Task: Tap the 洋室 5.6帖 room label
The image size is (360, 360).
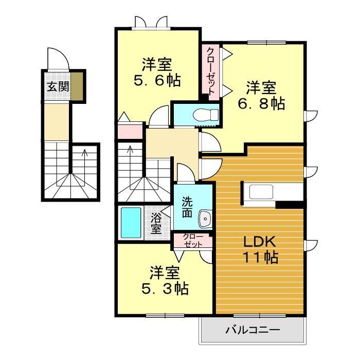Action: click(157, 73)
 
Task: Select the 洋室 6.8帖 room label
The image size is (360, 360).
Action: click(261, 95)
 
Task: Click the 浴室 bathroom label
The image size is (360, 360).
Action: click(156, 223)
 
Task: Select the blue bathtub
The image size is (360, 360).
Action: click(131, 222)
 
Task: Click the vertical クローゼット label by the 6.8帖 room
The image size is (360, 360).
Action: click(210, 70)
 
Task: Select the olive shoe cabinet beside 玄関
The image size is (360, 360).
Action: click(77, 86)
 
